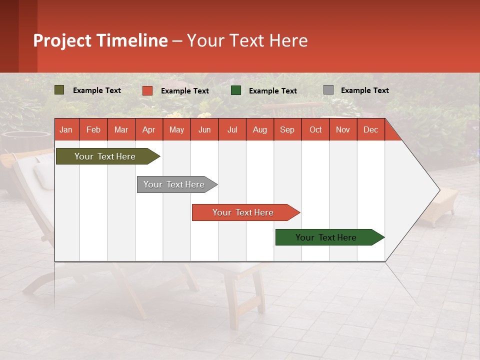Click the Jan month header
click(66, 129)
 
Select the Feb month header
click(93, 129)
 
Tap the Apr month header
click(148, 129)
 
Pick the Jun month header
click(204, 129)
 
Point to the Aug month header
click(259, 129)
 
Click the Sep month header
click(287, 129)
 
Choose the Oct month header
click(315, 129)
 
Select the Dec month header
click(370, 129)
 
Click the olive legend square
click(59, 90)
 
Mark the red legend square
click(147, 90)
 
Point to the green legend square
click(236, 90)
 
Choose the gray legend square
click(328, 90)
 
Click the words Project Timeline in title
click(100, 40)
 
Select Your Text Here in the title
click(247, 40)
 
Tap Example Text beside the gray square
click(364, 90)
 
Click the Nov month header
click(342, 129)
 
